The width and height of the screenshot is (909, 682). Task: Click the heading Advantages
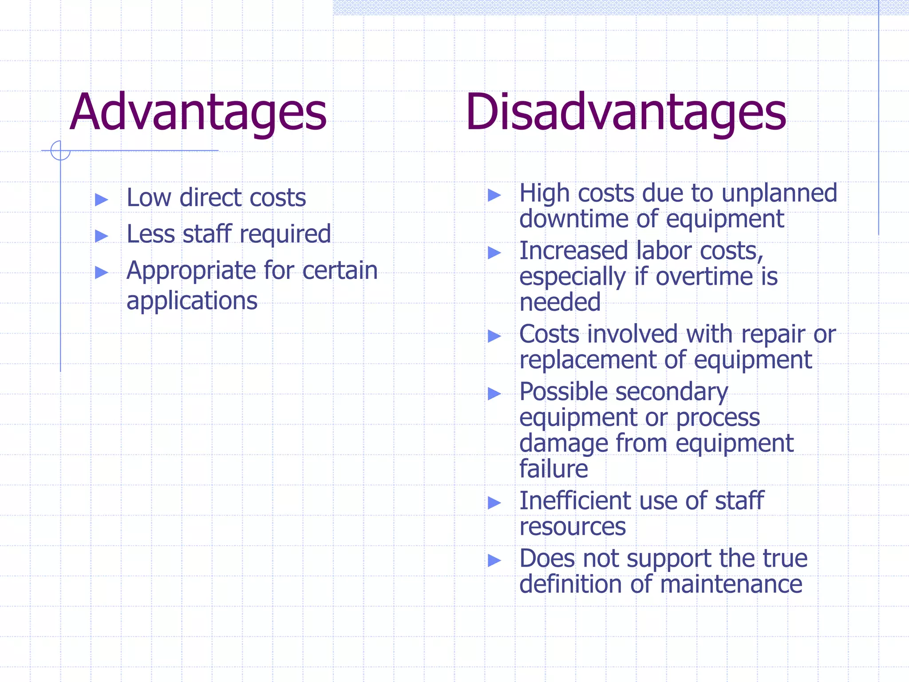198,112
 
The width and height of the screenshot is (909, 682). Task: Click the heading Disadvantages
626,112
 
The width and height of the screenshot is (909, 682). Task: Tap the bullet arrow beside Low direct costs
102,199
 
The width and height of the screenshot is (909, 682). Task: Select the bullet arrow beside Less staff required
102,236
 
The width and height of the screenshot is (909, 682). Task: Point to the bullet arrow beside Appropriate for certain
102,272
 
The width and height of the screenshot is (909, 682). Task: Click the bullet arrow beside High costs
494,195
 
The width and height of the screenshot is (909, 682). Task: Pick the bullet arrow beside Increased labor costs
494,253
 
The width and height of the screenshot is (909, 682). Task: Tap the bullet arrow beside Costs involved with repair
494,336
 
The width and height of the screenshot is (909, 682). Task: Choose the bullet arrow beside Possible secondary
494,393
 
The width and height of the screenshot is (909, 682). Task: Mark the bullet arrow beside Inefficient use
494,503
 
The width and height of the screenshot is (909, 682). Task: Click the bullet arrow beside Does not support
494,560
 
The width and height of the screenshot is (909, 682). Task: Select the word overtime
704,277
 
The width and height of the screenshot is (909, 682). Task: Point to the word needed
560,302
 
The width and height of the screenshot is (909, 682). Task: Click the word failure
553,469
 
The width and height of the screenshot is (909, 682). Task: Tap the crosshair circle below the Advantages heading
60,151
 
